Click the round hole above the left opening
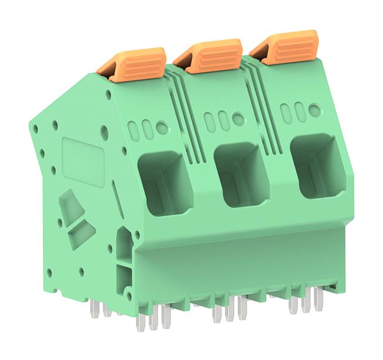162,128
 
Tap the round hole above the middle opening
238,118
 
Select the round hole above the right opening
314,110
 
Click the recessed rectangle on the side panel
84,161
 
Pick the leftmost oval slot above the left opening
134,131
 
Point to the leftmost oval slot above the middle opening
210,121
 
